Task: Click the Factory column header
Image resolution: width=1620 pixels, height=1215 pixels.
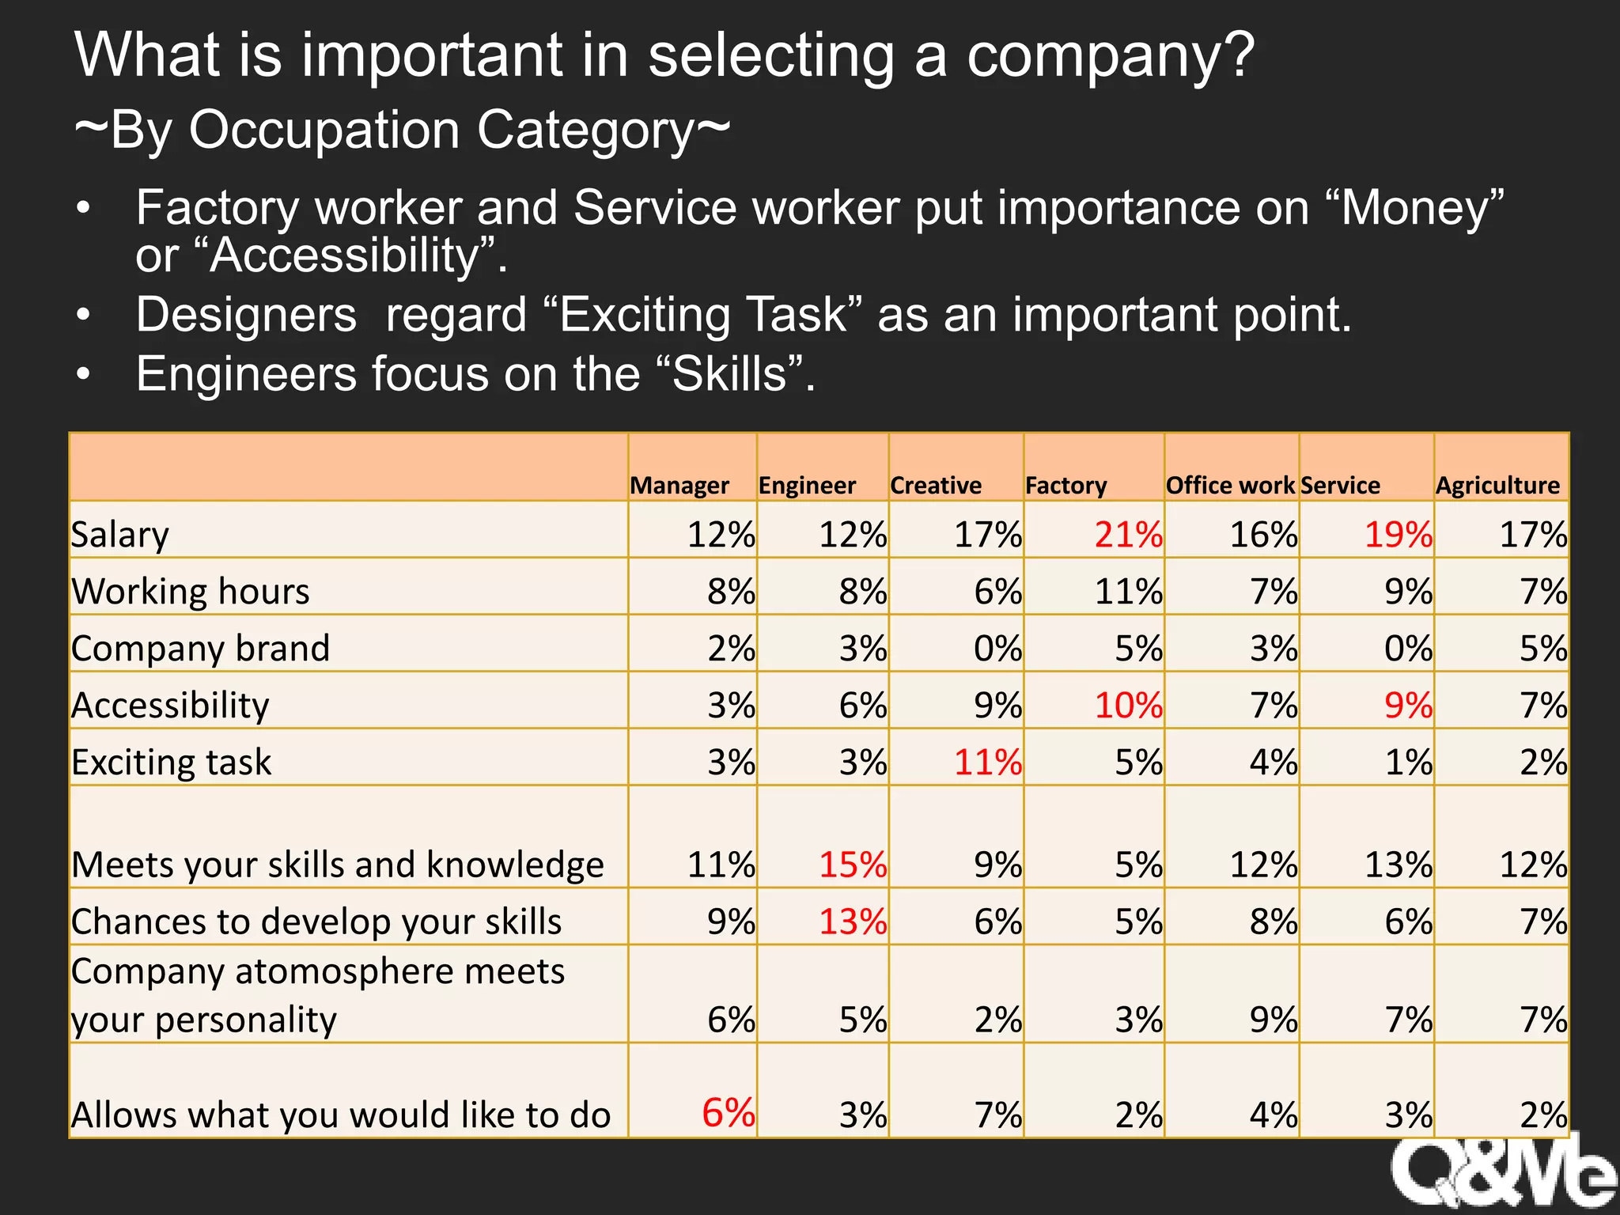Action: point(1065,485)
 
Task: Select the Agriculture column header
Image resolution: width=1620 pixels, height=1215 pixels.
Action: point(1497,485)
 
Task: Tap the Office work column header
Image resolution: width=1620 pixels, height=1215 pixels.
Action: point(1230,485)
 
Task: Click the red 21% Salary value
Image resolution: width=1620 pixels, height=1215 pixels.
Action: point(1128,535)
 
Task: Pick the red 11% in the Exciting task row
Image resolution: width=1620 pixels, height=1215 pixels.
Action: point(988,763)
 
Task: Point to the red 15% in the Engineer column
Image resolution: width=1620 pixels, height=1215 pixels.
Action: point(853,865)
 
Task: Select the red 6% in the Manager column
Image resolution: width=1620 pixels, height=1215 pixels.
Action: point(728,1113)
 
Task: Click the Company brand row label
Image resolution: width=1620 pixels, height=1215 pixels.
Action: point(200,649)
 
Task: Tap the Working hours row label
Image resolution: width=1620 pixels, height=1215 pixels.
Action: point(191,592)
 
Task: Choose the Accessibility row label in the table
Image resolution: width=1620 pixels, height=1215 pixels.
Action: point(170,706)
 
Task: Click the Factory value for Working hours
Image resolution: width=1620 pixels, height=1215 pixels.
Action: point(1128,592)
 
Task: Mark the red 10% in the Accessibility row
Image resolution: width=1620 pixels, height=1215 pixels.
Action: point(1128,706)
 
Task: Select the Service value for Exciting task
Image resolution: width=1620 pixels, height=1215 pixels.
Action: point(1408,763)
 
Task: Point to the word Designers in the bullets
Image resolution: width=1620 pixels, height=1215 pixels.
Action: point(246,315)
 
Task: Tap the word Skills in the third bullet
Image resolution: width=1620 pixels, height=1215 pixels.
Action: point(730,374)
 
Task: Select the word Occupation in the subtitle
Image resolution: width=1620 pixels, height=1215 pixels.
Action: point(324,131)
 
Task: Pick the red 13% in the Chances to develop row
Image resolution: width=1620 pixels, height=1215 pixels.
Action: point(853,922)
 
